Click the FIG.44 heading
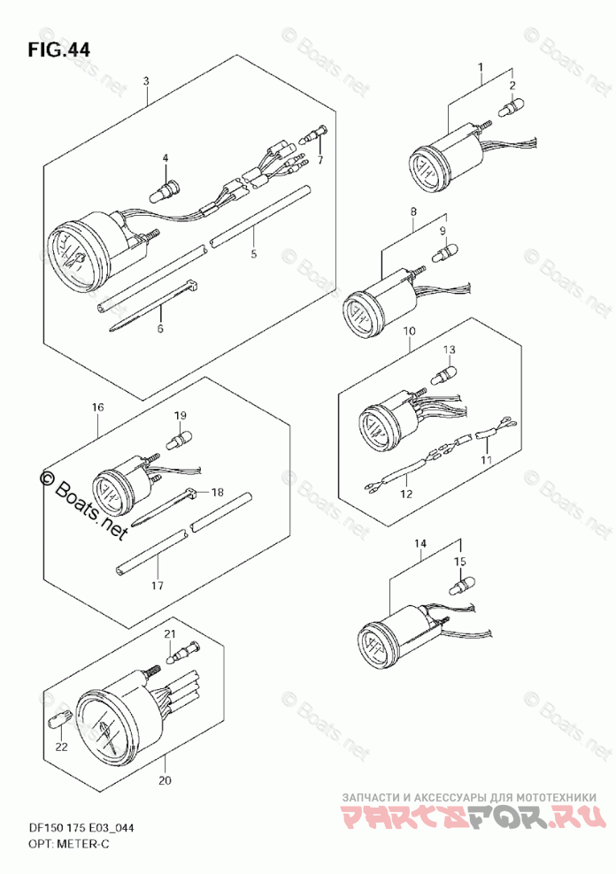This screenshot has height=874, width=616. (58, 49)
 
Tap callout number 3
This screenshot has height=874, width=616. (146, 81)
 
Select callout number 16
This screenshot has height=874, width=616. (97, 407)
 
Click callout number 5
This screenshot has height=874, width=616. (253, 254)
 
